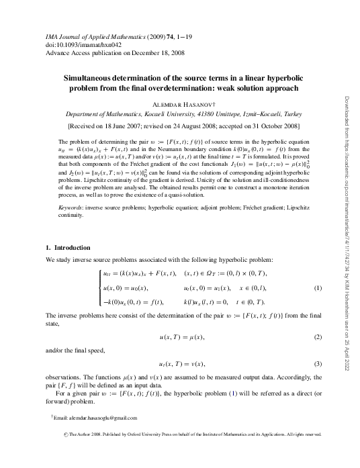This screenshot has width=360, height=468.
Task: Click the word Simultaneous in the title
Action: point(99,78)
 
